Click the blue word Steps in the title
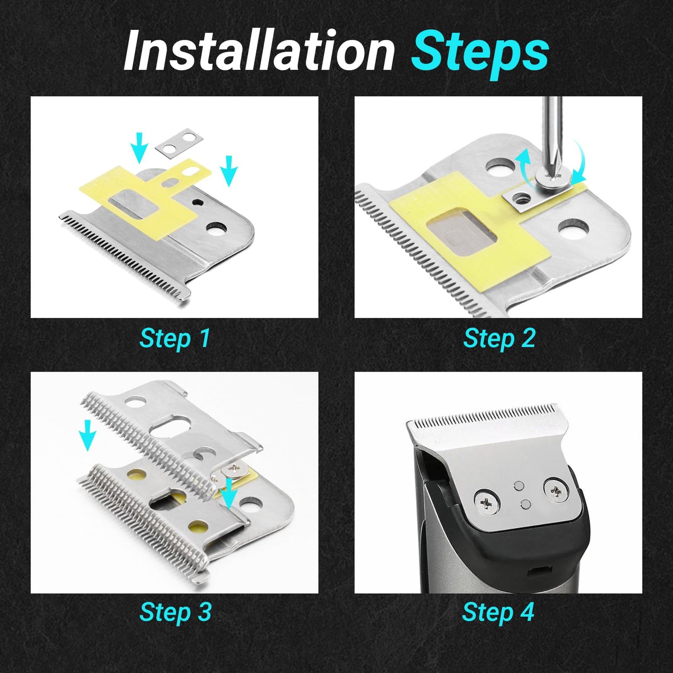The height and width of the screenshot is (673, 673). (480, 54)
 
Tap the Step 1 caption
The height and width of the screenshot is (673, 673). (175, 339)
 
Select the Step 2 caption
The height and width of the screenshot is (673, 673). (499, 339)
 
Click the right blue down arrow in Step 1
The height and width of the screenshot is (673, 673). (229, 170)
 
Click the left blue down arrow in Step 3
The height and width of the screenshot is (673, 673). (87, 435)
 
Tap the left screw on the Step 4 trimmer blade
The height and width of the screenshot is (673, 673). (487, 503)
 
